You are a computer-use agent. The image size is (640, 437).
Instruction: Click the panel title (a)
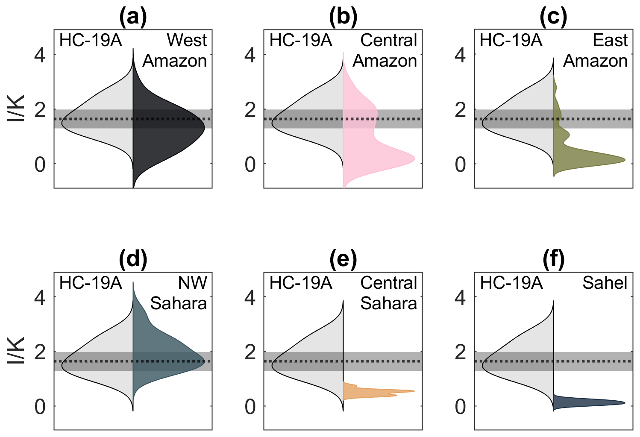[133, 17]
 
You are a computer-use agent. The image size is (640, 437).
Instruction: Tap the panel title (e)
[343, 259]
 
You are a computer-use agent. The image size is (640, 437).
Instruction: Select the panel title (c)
[553, 17]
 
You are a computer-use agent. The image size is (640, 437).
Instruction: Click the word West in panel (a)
[187, 40]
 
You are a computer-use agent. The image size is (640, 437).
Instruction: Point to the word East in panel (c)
[610, 40]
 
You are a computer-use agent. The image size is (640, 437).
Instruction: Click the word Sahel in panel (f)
[605, 283]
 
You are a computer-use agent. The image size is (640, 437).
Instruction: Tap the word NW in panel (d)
[192, 283]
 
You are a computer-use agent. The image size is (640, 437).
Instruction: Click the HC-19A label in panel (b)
[301, 40]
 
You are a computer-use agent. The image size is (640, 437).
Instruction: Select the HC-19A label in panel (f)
[511, 283]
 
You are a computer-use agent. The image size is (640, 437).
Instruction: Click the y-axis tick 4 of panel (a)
[40, 55]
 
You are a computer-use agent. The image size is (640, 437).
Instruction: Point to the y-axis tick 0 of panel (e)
[250, 407]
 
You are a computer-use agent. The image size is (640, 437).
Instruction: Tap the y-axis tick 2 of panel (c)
[460, 110]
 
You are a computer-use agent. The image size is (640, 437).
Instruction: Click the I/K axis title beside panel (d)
[16, 351]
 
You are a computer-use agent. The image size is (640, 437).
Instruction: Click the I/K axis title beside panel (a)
[16, 109]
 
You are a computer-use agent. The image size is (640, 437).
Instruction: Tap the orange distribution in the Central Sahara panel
[371, 392]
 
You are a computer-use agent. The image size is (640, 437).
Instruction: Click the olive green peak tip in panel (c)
[625, 160]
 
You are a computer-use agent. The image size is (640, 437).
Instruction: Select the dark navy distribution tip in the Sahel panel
[625, 403]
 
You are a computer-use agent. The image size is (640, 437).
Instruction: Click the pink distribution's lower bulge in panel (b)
[400, 158]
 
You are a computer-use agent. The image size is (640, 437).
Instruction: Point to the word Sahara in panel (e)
[389, 303]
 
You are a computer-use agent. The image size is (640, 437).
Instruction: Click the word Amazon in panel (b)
[385, 61]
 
